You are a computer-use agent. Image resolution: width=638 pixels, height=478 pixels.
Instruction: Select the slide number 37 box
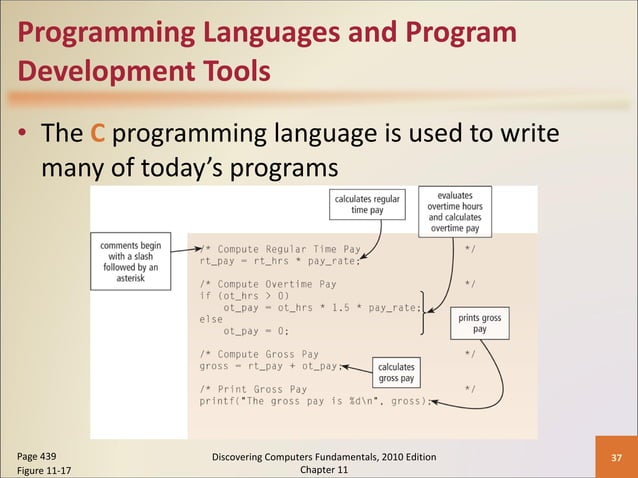[616, 458]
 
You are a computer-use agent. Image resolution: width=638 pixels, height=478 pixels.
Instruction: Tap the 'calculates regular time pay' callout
[368, 205]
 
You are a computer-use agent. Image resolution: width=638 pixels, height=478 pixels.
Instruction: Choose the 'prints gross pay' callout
[480, 323]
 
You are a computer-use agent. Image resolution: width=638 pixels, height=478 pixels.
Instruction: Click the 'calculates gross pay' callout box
[397, 373]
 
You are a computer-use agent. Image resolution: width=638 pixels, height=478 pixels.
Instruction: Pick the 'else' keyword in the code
[211, 319]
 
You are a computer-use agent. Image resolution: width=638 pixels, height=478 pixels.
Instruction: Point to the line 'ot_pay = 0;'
[256, 331]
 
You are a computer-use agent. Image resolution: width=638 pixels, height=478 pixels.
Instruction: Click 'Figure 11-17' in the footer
[43, 471]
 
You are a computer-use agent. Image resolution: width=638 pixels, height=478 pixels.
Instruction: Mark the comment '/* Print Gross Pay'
[255, 389]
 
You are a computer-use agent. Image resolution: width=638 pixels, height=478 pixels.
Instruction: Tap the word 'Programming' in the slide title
[102, 33]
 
